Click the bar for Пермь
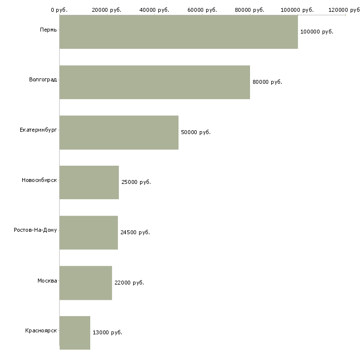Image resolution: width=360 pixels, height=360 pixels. pyautogui.click(x=179, y=32)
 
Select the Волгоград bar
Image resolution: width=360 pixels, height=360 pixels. pyautogui.click(x=154, y=82)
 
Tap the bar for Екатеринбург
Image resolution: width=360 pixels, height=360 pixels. pyautogui.click(x=119, y=132)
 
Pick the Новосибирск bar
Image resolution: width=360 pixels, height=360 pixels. pyautogui.click(x=89, y=182)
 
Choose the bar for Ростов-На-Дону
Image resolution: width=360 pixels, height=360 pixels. pyautogui.click(x=89, y=232)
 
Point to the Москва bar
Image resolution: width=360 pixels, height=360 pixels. pyautogui.click(x=86, y=283)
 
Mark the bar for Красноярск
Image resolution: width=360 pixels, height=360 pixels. pyautogui.click(x=75, y=332)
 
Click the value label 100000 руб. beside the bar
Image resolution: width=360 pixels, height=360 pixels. pyautogui.click(x=317, y=32)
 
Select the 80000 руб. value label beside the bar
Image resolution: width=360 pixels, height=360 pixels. pyautogui.click(x=267, y=82)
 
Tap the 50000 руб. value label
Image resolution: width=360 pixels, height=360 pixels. pyautogui.click(x=195, y=132)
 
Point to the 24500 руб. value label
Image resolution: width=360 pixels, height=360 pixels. pyautogui.click(x=135, y=232)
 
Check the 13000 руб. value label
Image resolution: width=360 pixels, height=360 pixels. pyautogui.click(x=107, y=332)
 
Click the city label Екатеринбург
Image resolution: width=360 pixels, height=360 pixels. pyautogui.click(x=38, y=130)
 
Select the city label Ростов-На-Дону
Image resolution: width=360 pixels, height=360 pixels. pyautogui.click(x=36, y=230)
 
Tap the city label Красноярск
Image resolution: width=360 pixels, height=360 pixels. pyautogui.click(x=41, y=330)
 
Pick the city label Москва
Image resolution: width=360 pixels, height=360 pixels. pyautogui.click(x=47, y=280)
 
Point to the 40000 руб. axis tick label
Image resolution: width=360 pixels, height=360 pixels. pyautogui.click(x=154, y=10)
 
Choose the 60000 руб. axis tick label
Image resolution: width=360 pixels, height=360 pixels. pyautogui.click(x=202, y=10)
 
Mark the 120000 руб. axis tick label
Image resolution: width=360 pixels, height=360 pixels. pyautogui.click(x=345, y=10)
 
